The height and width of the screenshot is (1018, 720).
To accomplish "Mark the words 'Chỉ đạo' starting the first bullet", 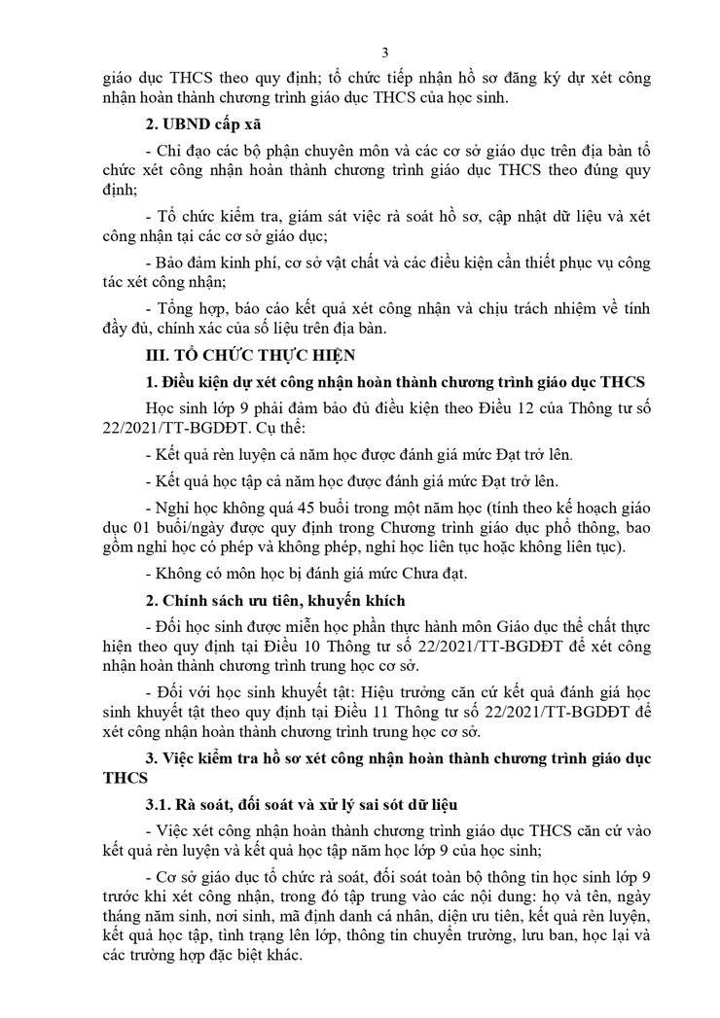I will pyautogui.click(x=181, y=151).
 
